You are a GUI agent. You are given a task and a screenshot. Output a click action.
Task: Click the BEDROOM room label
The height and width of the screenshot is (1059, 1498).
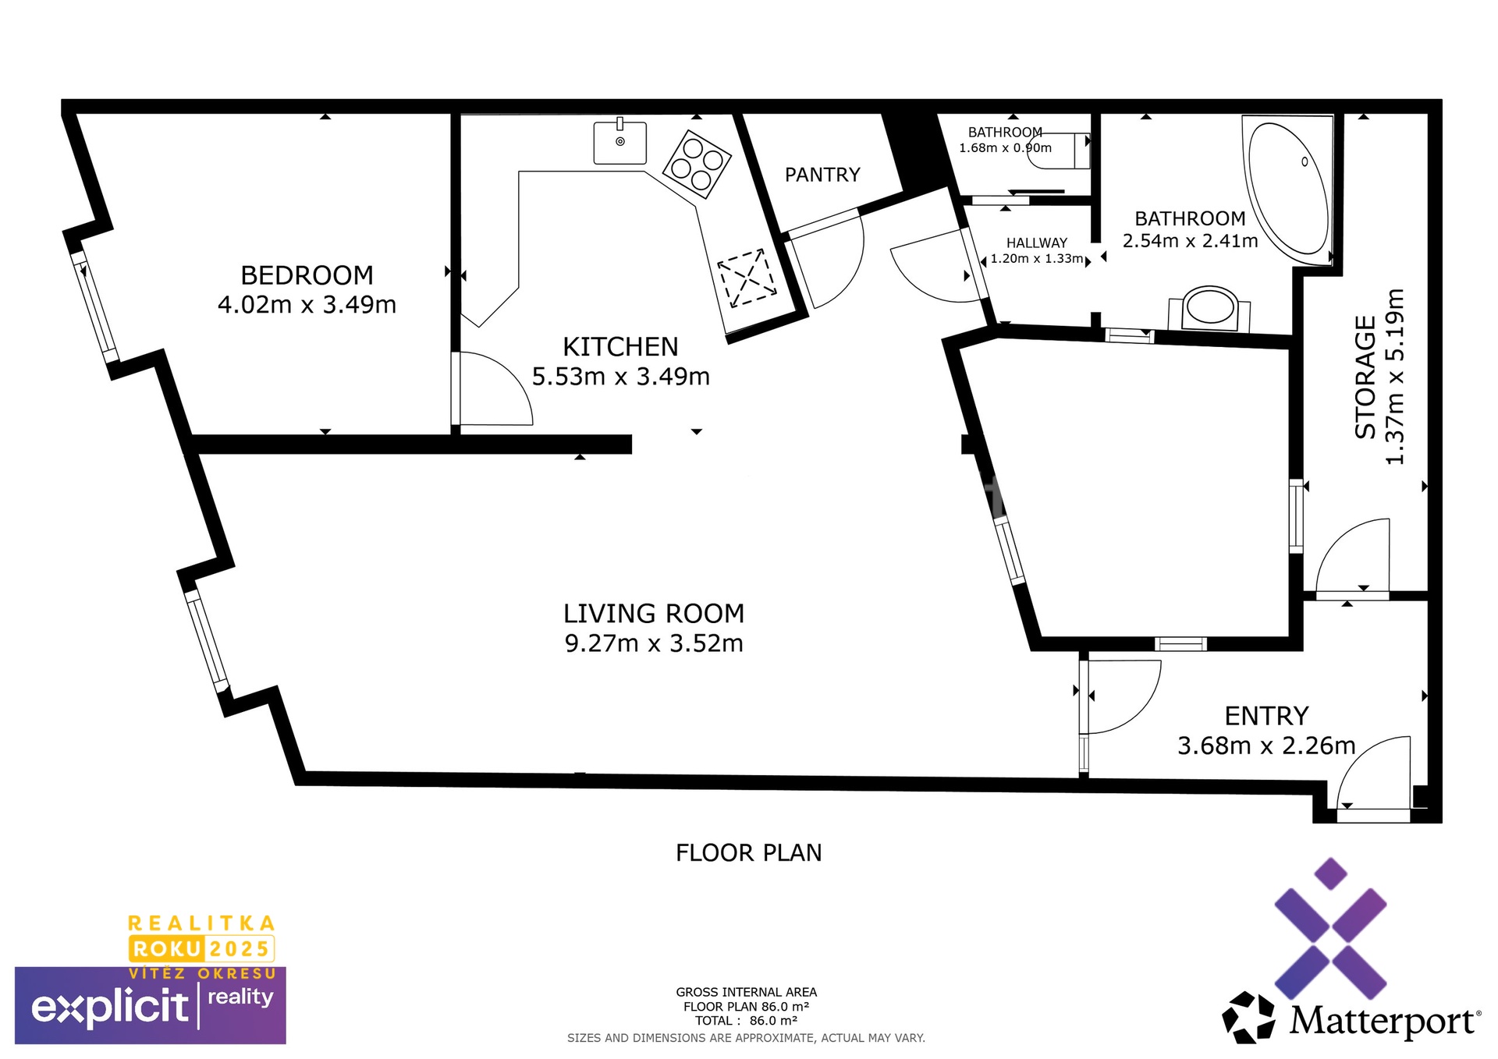click(x=307, y=275)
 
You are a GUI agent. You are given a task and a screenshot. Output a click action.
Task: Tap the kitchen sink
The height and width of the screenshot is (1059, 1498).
click(x=620, y=142)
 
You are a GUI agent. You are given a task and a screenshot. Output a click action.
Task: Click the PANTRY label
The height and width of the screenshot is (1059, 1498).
click(x=822, y=175)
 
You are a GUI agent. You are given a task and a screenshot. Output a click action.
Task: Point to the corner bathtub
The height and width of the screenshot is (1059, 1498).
click(x=1288, y=190)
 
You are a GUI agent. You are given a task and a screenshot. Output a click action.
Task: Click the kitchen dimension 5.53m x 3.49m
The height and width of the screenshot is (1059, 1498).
click(x=621, y=377)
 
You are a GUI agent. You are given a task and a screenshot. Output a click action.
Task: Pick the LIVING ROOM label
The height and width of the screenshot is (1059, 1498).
click(x=654, y=614)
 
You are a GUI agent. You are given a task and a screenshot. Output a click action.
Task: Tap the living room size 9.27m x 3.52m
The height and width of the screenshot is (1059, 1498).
click(x=654, y=643)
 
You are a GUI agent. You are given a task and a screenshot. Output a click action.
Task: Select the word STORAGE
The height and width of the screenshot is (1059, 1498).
click(x=1365, y=377)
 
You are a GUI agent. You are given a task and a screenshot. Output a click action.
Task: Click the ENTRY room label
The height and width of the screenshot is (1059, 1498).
click(x=1266, y=716)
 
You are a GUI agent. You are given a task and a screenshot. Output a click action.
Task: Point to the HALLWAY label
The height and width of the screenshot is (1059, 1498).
click(x=1036, y=243)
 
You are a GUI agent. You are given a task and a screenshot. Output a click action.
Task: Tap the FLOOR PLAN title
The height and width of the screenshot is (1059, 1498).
click(x=749, y=853)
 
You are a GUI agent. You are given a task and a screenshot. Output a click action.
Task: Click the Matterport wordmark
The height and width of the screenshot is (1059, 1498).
click(x=1383, y=1020)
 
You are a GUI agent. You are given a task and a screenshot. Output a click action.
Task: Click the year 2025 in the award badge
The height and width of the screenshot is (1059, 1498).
click(x=240, y=949)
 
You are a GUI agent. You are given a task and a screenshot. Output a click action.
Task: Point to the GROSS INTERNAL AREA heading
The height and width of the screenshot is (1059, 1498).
click(x=747, y=992)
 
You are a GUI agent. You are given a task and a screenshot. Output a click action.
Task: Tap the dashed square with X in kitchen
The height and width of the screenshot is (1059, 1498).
click(x=747, y=278)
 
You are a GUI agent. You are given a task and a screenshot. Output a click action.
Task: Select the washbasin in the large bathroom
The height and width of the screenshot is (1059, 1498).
click(x=1209, y=309)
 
